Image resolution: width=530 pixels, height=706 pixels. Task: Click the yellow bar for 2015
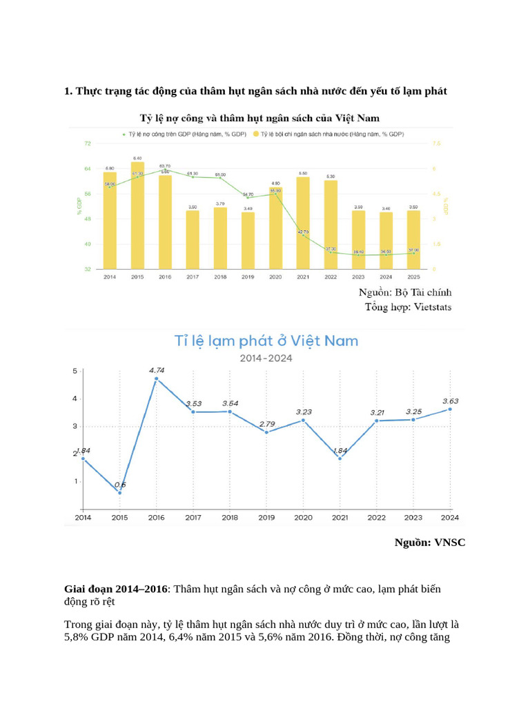click(x=138, y=215)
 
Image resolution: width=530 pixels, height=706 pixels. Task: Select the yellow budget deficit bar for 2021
click(x=303, y=223)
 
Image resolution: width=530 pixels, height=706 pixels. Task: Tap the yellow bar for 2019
click(x=248, y=240)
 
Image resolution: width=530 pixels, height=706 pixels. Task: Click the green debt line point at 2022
click(x=331, y=252)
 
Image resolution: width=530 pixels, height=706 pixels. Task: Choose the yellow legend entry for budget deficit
click(x=329, y=134)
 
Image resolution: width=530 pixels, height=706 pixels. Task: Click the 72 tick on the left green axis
click(x=87, y=143)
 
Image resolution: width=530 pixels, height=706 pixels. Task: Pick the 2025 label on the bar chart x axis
click(x=413, y=276)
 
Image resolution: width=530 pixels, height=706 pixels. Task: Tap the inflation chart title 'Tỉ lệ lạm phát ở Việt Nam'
click(x=266, y=341)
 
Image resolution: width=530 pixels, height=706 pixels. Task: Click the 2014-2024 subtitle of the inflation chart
click(x=266, y=358)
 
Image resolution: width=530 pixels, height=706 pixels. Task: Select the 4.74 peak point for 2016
click(x=157, y=379)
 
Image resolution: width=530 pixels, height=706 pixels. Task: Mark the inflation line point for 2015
click(x=120, y=492)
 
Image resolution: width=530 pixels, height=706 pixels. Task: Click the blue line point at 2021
click(x=340, y=458)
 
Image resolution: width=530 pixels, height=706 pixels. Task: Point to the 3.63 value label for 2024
click(x=450, y=401)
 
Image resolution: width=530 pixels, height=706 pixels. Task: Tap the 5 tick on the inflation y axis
click(x=75, y=372)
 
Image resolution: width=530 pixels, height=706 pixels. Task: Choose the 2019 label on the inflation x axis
click(x=266, y=517)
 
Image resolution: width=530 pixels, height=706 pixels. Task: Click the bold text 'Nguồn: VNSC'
click(x=429, y=543)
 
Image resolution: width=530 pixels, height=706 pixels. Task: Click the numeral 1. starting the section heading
click(x=68, y=91)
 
